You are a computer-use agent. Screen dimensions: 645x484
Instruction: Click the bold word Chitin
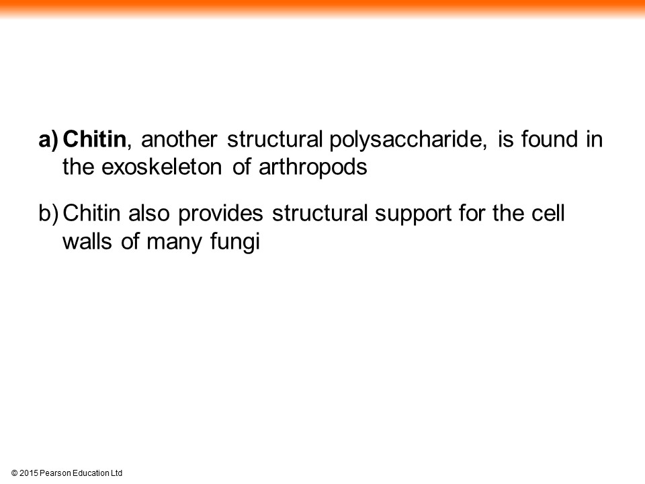[x=94, y=138]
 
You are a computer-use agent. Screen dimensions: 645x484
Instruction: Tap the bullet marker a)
[x=48, y=140]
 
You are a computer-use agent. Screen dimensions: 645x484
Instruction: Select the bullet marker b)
[x=48, y=214]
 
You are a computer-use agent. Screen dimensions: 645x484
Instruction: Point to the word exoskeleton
[x=161, y=167]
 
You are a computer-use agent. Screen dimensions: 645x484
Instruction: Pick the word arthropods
[x=312, y=168]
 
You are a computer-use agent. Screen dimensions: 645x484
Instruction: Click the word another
[x=179, y=139]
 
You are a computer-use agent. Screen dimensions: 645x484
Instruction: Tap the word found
[x=550, y=138]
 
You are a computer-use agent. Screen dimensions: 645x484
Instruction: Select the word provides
[x=220, y=214]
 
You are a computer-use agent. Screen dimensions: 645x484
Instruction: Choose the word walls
[x=87, y=241]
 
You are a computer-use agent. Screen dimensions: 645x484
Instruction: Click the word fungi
[x=235, y=242]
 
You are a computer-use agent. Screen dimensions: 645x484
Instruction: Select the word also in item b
[x=148, y=213]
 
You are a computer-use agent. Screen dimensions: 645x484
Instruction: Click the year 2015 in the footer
[x=28, y=473]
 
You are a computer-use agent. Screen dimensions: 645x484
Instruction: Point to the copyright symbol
[x=14, y=473]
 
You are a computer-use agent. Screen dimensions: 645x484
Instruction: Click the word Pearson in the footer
[x=55, y=473]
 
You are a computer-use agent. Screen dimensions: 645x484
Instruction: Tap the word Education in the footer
[x=91, y=473]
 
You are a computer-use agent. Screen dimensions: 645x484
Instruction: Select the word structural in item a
[x=275, y=139]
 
